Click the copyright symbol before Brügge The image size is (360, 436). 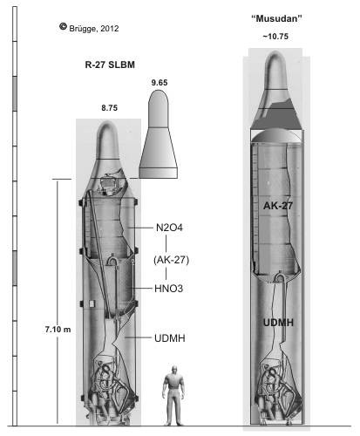63,26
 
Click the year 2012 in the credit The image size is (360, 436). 110,29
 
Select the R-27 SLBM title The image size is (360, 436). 110,65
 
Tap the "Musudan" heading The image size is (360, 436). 276,19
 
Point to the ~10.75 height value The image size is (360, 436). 275,37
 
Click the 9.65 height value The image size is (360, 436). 160,83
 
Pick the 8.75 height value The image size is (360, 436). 109,108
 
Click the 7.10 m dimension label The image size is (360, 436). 58,330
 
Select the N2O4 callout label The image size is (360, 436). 169,228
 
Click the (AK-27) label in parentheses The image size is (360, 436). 171,260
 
